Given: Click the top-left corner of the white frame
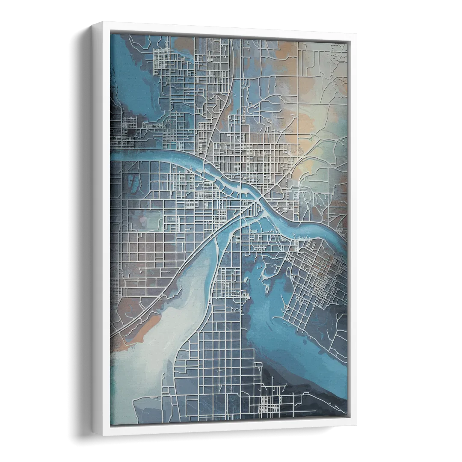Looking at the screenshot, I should point(93,21).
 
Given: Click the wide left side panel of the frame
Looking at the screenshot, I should point(101,231).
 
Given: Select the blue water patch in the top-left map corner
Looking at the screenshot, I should point(128,81).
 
